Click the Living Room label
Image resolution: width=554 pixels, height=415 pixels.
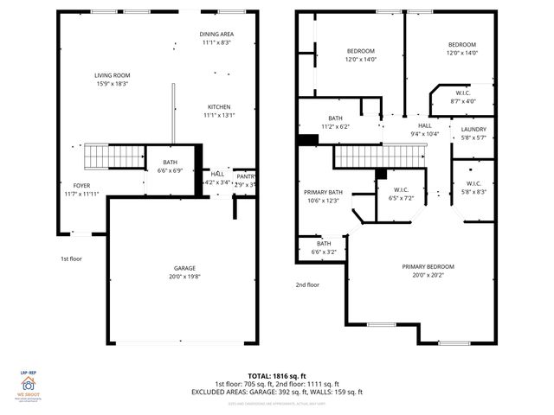[112, 80]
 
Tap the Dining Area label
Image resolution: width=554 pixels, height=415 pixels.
[216, 38]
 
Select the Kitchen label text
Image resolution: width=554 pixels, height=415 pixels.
[217, 111]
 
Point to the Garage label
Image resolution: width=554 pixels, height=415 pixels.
[182, 273]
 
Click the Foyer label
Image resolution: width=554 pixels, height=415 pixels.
[81, 188]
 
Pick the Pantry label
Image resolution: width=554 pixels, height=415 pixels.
[246, 180]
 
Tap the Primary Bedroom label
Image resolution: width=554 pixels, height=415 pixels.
[428, 271]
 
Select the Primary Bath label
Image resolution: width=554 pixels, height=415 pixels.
[323, 195]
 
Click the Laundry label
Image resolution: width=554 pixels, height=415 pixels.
[473, 132]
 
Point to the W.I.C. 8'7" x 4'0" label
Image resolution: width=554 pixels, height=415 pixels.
[463, 98]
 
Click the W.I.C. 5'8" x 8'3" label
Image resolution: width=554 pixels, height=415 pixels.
[473, 188]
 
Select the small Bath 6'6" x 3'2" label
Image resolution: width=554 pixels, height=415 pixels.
[324, 248]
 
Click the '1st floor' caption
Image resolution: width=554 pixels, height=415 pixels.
[71, 259]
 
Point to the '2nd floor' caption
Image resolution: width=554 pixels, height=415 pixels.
[306, 284]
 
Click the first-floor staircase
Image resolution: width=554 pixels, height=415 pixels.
[113, 157]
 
